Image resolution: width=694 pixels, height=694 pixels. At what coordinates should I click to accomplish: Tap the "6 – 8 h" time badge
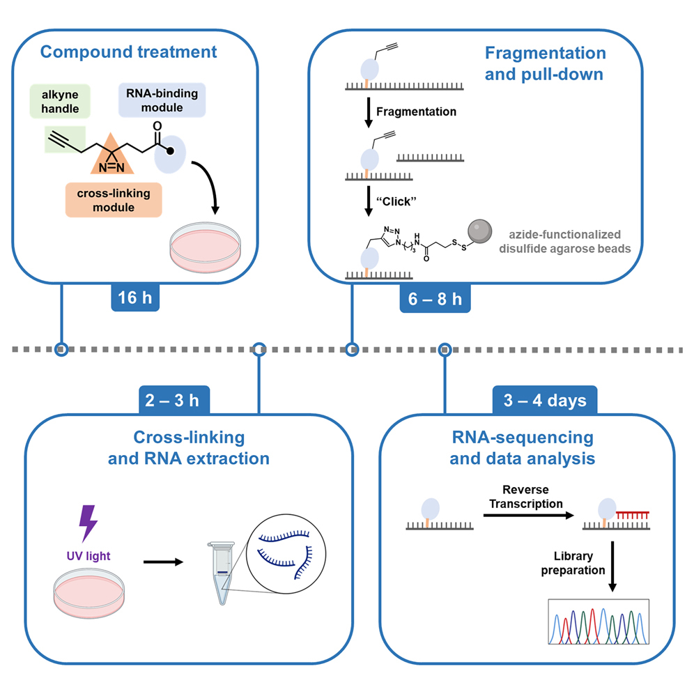coord(435,300)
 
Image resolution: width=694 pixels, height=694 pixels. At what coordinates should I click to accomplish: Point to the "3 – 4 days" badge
coord(544,401)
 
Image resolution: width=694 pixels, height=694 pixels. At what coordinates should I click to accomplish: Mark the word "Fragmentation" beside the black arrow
coord(416,111)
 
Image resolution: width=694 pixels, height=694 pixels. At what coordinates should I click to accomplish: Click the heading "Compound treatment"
coord(128,52)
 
